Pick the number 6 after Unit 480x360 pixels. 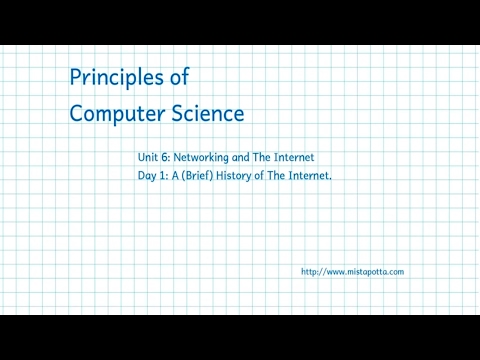coord(167,158)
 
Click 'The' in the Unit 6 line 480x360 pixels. coord(272,158)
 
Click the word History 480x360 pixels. coord(247,176)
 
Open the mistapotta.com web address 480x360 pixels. coord(351,272)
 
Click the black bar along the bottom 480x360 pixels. coord(240,337)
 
